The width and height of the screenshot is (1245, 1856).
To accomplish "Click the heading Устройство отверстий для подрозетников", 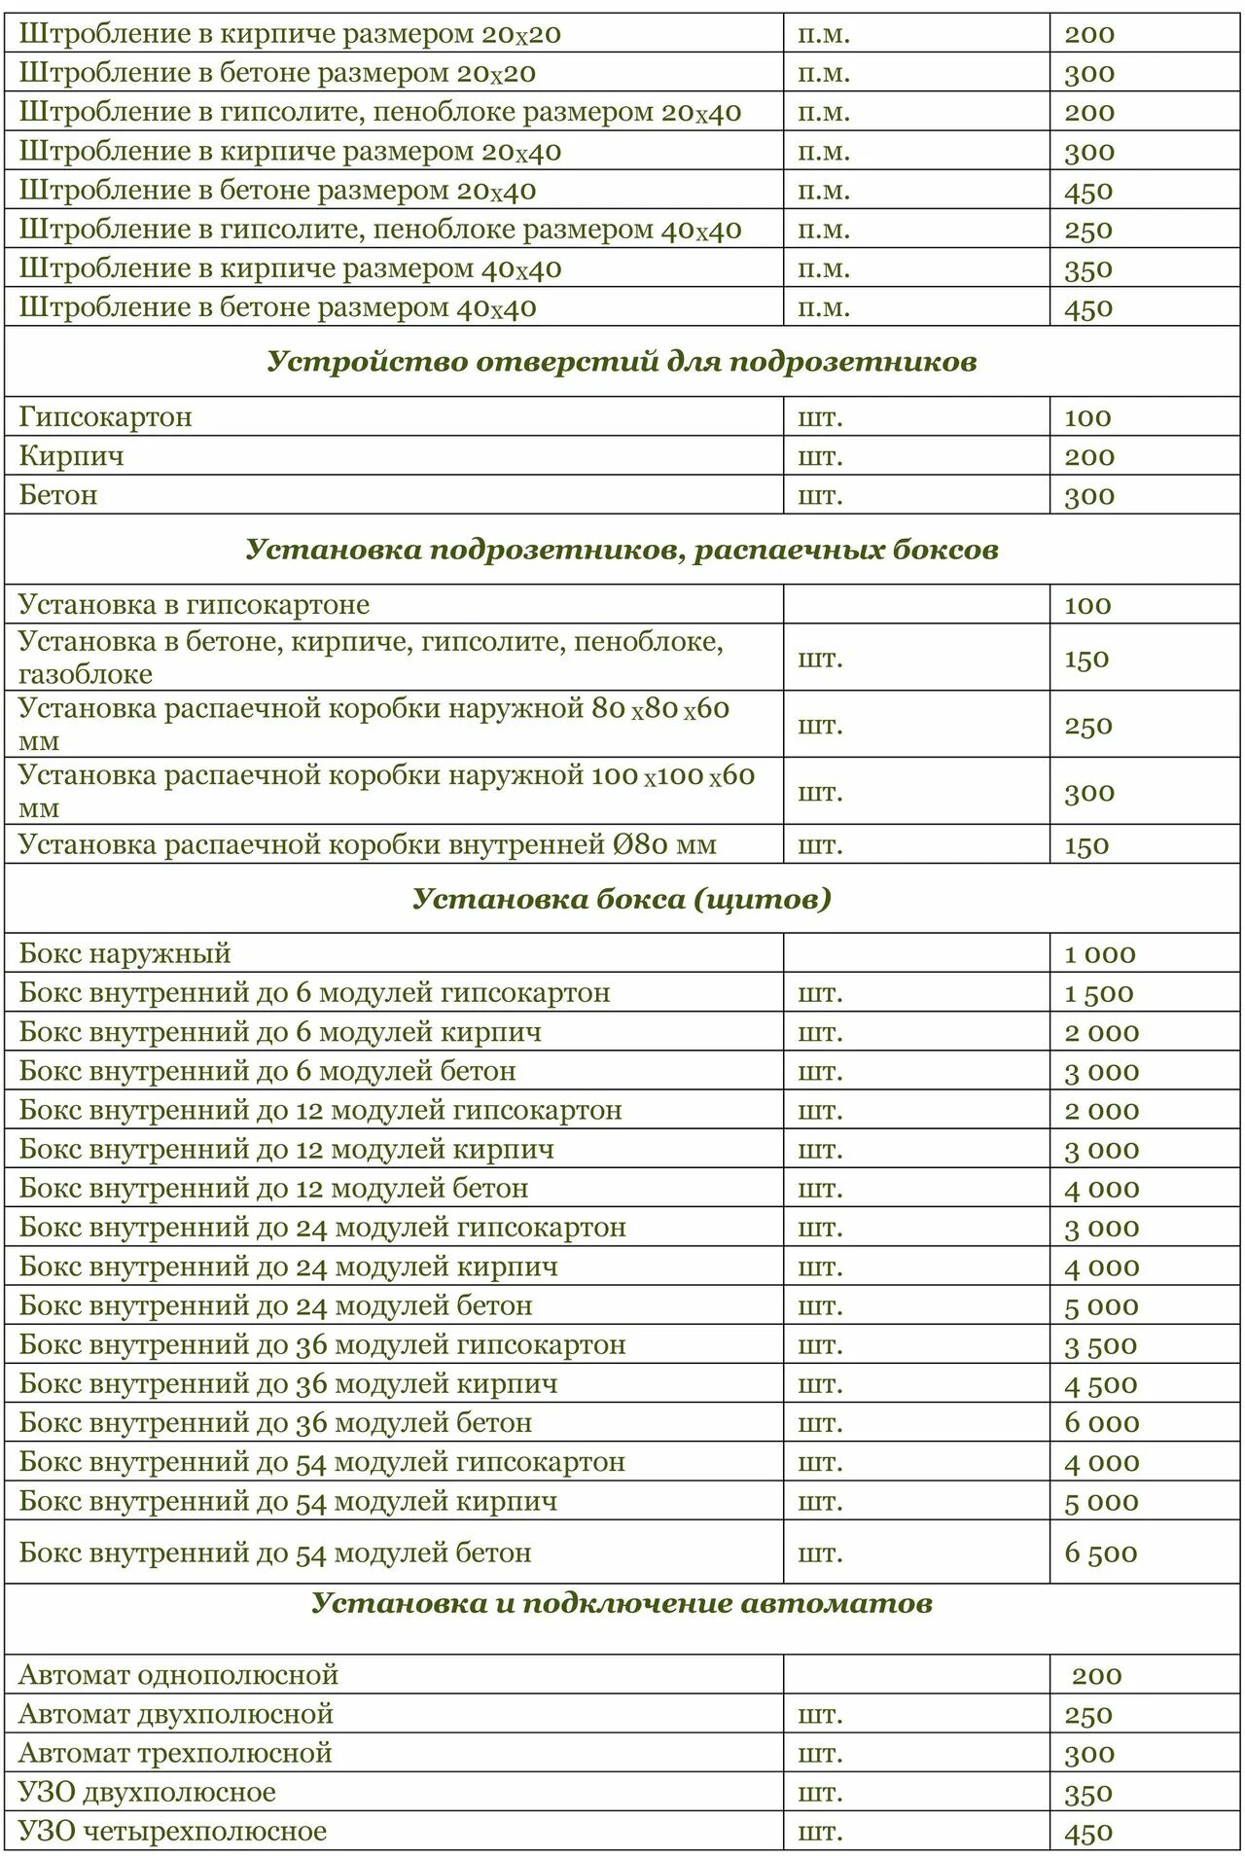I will click(622, 362).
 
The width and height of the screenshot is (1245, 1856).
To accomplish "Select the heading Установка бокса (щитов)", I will click(622, 898).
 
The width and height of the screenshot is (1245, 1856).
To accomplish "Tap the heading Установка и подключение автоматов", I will click(622, 1602).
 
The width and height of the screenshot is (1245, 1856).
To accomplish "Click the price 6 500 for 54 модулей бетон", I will click(1100, 1553).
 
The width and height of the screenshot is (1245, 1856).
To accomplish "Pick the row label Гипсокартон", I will click(105, 417).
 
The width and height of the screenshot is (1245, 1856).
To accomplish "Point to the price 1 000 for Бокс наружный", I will click(1099, 954).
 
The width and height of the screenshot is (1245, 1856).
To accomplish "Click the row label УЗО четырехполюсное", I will click(172, 1831).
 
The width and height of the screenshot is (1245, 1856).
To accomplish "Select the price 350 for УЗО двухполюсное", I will click(1087, 1793).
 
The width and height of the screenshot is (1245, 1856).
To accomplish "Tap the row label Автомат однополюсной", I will click(178, 1675).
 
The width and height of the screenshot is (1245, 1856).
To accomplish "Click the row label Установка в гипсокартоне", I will click(194, 605).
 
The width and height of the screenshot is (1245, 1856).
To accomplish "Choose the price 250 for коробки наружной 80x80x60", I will click(1087, 726).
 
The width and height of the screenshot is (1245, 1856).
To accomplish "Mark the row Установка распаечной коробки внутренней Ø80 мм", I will click(367, 844).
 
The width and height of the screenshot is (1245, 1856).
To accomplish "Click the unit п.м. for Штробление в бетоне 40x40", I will click(823, 308).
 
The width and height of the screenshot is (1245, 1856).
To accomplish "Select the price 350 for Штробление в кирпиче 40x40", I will click(1087, 269).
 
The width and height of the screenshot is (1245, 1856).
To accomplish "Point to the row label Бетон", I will click(58, 495).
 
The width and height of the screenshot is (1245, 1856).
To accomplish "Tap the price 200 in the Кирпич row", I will click(1088, 456).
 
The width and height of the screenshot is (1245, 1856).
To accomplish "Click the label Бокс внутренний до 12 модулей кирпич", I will click(286, 1150).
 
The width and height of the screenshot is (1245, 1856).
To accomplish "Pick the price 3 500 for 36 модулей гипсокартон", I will click(1100, 1345).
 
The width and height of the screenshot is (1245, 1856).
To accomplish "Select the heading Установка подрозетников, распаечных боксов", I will click(622, 550).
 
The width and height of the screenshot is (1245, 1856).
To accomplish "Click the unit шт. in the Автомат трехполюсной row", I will click(820, 1753).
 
